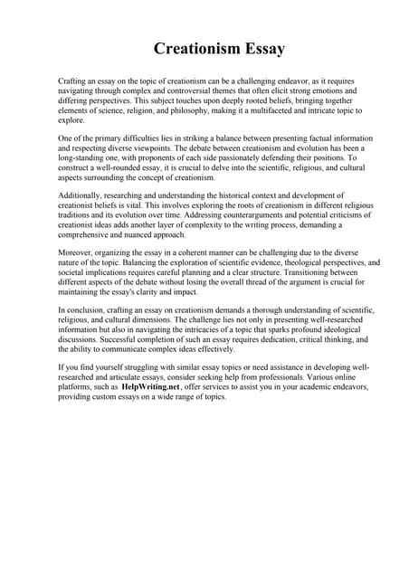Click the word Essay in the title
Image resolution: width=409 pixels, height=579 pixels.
262,49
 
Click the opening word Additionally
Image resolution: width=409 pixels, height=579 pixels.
82,195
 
